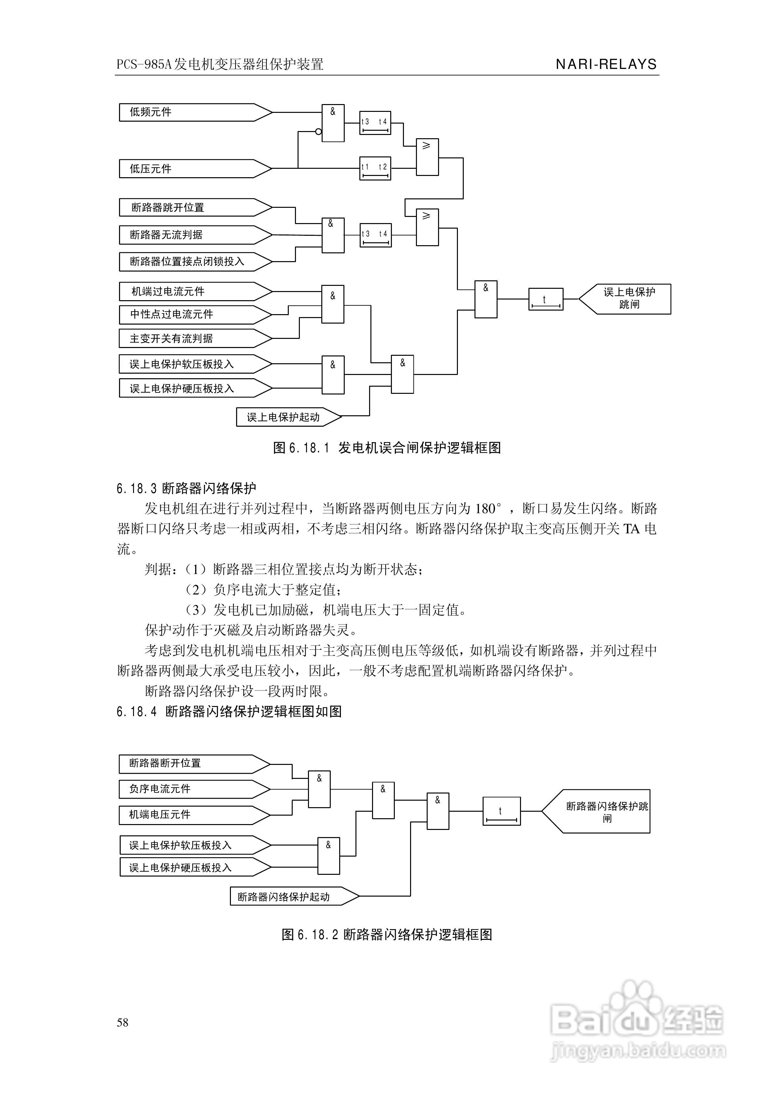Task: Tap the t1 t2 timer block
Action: tap(375, 168)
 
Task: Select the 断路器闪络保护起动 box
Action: tap(291, 896)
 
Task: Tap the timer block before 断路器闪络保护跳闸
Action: tap(501, 811)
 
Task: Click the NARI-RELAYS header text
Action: tap(606, 64)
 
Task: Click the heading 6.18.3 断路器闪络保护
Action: tap(186, 488)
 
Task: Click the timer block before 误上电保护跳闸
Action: tap(546, 299)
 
